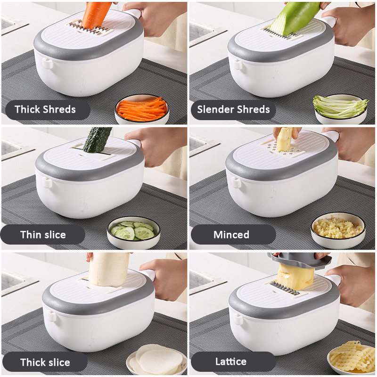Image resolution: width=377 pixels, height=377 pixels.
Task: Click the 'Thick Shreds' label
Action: click(x=45, y=109)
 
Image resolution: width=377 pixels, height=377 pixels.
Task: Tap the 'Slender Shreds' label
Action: click(x=233, y=109)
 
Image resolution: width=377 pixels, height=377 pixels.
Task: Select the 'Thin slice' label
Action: click(x=43, y=235)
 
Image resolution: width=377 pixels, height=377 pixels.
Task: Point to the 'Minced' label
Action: click(x=231, y=235)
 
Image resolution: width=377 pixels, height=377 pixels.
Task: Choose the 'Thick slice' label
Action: click(x=45, y=362)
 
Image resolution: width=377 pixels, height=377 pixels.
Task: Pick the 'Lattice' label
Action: click(x=231, y=361)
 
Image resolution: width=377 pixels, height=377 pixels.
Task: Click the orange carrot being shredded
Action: click(x=96, y=16)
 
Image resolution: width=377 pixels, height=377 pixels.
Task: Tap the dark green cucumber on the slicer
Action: click(x=97, y=140)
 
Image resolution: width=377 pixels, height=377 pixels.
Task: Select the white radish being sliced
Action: click(x=109, y=269)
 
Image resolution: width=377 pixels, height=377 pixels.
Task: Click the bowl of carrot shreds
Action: click(x=142, y=110)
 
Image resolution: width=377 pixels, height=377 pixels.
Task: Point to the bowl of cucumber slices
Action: click(x=133, y=232)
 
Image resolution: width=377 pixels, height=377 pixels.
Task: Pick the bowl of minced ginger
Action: click(x=338, y=230)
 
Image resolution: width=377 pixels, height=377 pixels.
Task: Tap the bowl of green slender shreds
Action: click(x=340, y=109)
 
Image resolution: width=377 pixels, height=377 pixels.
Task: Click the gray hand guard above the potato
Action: click(x=300, y=260)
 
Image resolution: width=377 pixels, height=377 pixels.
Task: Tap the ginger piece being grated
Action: click(x=285, y=139)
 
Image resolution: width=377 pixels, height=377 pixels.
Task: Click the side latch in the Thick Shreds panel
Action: click(x=48, y=64)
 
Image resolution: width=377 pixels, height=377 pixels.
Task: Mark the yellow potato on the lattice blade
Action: click(x=296, y=277)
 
